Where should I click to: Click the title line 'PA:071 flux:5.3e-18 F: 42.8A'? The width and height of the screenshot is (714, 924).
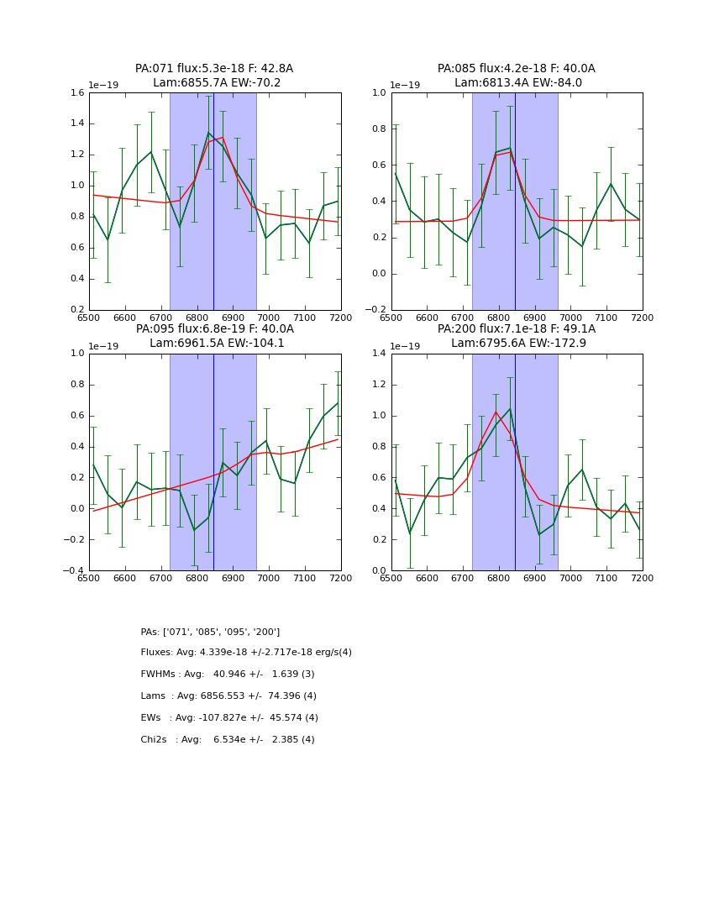coord(214,69)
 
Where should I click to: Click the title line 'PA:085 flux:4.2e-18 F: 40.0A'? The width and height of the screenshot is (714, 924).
coord(516,69)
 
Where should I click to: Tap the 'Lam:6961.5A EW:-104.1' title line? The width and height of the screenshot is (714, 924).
coord(214,343)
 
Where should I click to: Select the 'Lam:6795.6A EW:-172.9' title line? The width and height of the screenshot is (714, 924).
coord(516,343)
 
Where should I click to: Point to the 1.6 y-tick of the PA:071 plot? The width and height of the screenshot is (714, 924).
coord(76,93)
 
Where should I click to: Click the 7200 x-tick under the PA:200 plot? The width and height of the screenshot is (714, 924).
coord(642,579)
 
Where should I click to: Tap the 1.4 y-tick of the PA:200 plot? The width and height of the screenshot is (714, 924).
coord(379,354)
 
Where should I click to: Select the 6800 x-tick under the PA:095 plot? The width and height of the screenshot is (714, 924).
coord(197,579)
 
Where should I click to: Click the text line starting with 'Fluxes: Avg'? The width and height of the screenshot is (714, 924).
coord(246,653)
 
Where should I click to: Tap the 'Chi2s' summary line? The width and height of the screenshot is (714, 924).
coord(228,740)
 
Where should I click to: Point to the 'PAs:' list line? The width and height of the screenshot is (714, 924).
coord(210,632)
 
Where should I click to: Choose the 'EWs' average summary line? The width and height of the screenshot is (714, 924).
coord(229,718)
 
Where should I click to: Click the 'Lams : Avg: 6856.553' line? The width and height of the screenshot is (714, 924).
coord(228,696)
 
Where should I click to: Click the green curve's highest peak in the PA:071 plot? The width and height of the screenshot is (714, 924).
coord(209,133)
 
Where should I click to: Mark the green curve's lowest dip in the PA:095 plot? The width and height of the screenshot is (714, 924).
coord(194,530)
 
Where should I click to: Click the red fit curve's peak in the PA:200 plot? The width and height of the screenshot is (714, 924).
coord(496,412)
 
